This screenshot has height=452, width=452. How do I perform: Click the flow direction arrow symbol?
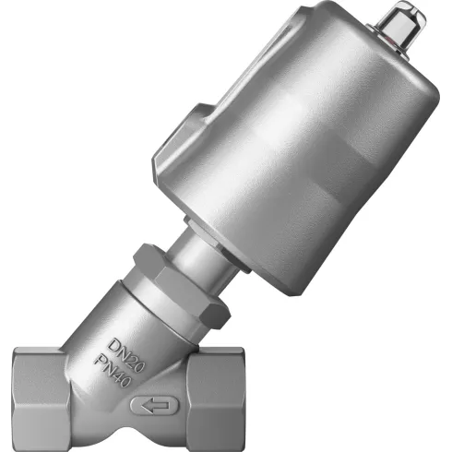[151, 403]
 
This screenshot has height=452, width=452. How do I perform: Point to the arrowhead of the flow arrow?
[140, 403]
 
